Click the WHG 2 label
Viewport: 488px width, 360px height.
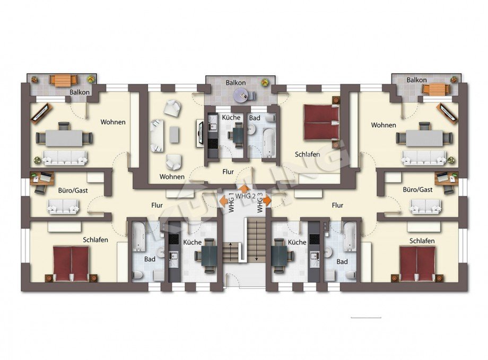pos(246,196)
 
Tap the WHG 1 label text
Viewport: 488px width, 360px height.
pos(231,203)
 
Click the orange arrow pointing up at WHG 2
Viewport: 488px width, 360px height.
pos(244,188)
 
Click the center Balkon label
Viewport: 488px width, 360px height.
pos(235,83)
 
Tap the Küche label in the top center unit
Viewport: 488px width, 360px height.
pos(231,117)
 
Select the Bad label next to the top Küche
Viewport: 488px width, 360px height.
pos(255,117)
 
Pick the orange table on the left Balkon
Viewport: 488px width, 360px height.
pos(64,80)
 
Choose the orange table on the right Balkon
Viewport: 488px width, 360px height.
pos(436,89)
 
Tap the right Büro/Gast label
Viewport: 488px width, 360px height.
pos(417,189)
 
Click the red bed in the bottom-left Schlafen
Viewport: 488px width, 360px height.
pos(71,263)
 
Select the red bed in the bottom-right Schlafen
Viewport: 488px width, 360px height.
pos(416,264)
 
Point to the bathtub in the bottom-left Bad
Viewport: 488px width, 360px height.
pos(138,236)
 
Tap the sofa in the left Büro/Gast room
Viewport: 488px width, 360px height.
pos(64,206)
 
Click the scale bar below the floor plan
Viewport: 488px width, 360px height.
pos(365,318)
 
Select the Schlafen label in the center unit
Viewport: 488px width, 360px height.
pos(308,154)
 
